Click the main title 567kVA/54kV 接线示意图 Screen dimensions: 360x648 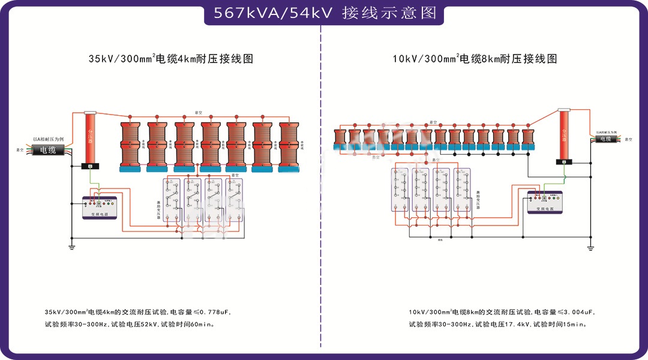point(324,13)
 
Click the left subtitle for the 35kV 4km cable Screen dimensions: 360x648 point(170,59)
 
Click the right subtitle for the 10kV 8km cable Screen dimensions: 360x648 point(475,59)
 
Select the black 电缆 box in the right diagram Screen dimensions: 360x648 point(607,139)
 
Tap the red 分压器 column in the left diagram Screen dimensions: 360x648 point(90,138)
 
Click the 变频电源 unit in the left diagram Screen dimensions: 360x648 point(100,208)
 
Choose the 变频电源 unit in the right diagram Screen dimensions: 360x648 point(545,202)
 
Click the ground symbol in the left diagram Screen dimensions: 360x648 point(71,244)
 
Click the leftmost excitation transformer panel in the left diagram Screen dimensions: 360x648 point(173,201)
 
